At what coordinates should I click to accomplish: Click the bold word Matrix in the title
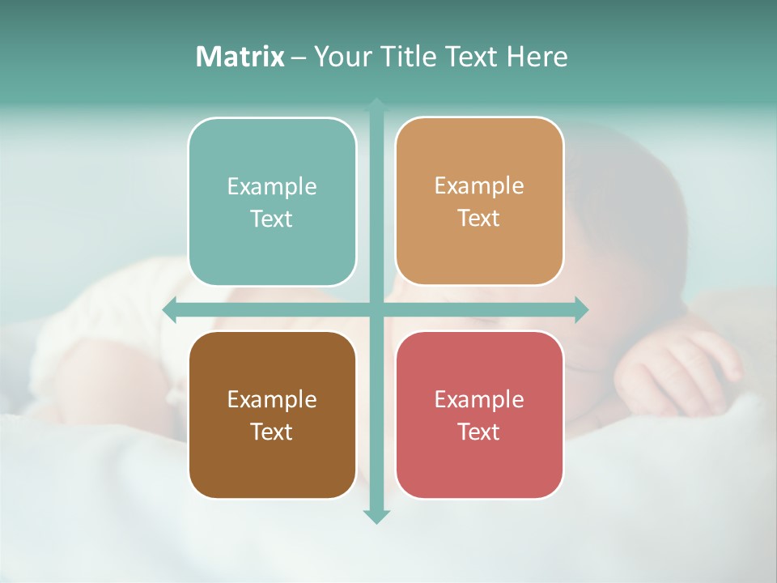(240, 57)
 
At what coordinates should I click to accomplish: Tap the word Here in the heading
(537, 57)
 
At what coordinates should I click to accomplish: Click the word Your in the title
(339, 57)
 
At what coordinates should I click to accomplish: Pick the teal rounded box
(272, 202)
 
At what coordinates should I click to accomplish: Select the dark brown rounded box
(272, 415)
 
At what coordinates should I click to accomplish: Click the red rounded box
(479, 415)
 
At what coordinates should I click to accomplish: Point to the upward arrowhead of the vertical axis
(376, 105)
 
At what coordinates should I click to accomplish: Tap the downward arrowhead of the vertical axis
(376, 516)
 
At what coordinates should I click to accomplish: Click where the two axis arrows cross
(376, 309)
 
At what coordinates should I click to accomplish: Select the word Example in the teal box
(272, 187)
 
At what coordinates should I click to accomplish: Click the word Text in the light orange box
(479, 219)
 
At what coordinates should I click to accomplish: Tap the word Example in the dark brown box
(272, 399)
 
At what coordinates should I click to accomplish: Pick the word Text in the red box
(479, 432)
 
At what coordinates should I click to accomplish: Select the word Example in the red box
(479, 399)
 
